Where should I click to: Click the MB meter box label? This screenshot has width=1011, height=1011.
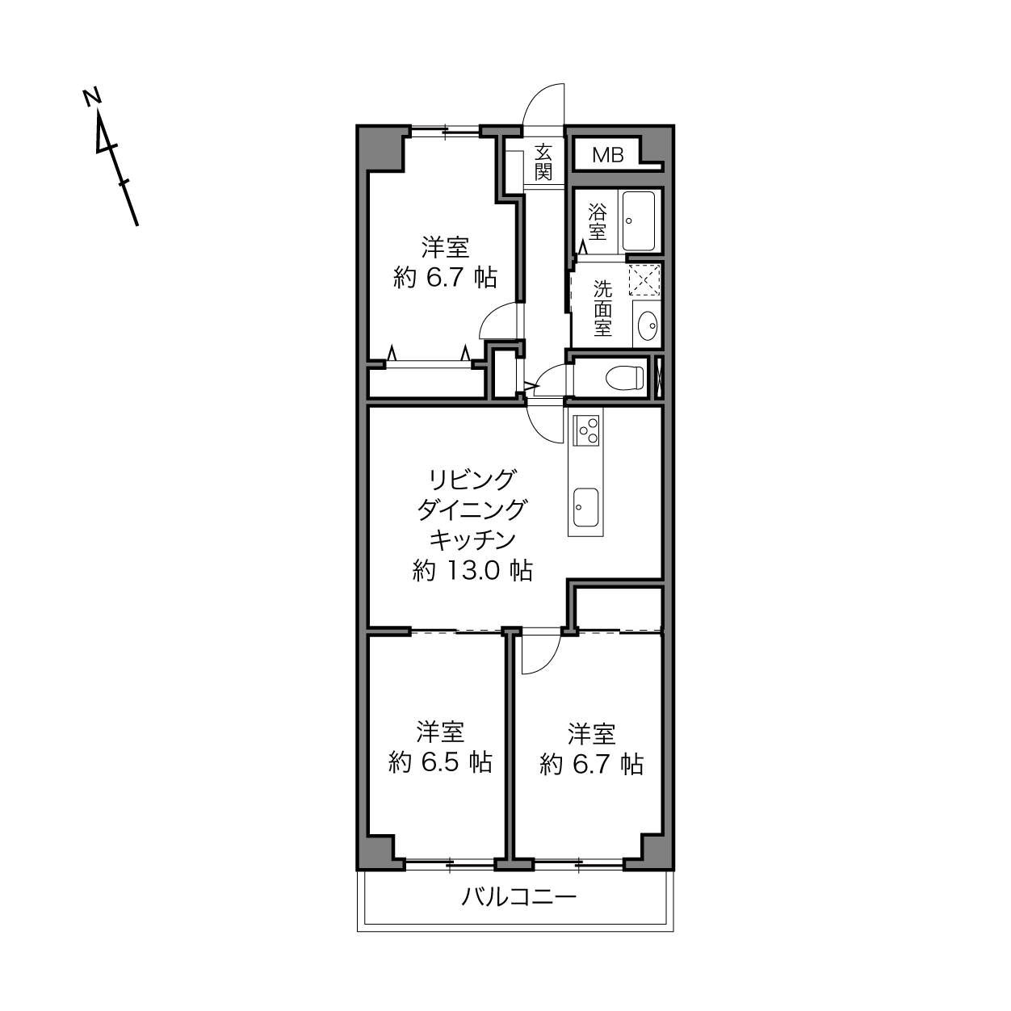click(x=607, y=155)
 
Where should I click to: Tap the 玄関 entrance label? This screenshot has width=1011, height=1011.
click(x=543, y=162)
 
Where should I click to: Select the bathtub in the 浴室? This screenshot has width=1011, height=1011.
click(x=638, y=221)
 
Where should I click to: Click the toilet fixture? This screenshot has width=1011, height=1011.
click(x=624, y=378)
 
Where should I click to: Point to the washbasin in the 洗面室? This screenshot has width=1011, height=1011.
click(x=648, y=325)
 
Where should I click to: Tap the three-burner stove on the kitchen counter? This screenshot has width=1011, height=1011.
click(x=587, y=430)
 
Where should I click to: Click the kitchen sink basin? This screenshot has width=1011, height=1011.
click(x=585, y=507)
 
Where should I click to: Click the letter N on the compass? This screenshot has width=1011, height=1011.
click(x=92, y=98)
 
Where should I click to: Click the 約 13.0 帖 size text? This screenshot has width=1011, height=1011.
click(x=472, y=571)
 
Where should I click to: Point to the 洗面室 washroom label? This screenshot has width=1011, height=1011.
click(x=603, y=308)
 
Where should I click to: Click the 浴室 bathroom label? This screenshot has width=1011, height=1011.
click(x=597, y=222)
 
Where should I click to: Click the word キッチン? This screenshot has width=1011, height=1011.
click(x=472, y=540)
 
